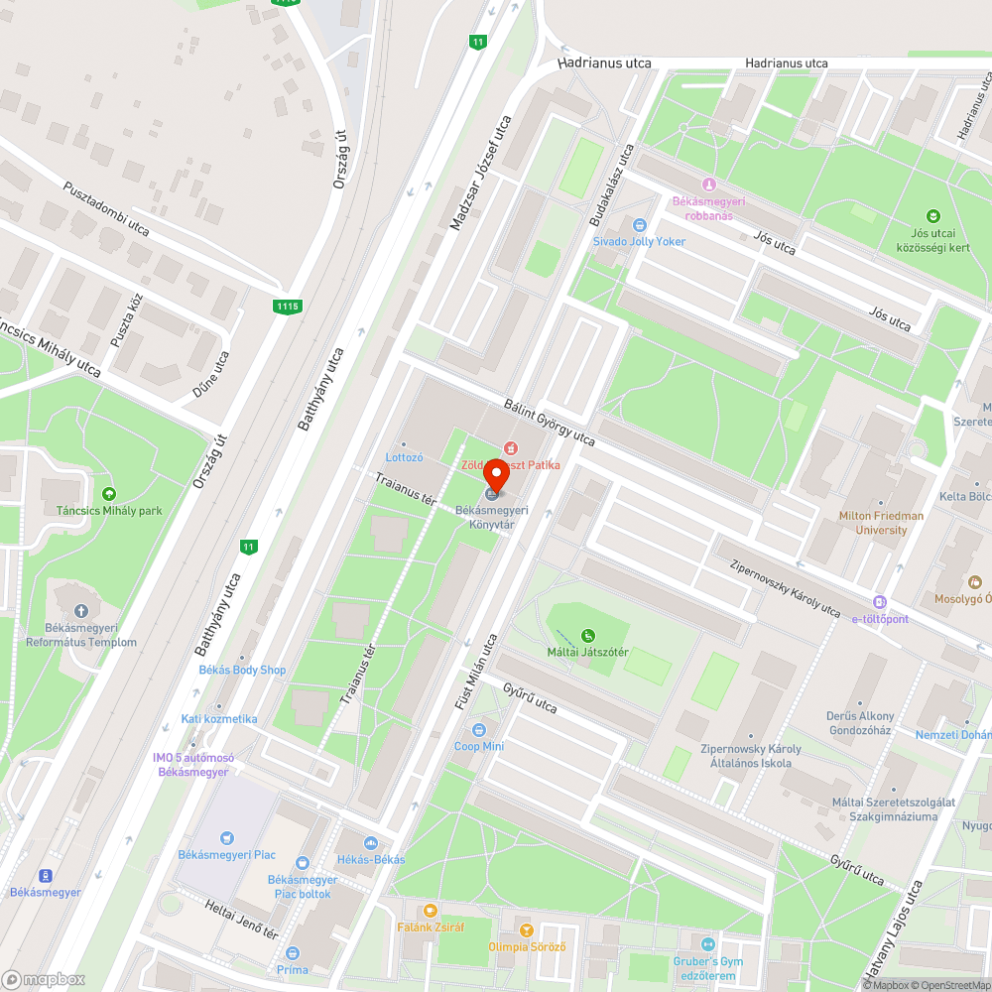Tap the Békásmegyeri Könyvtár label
tap(491, 516)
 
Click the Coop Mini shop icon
tap(479, 730)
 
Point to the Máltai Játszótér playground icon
tap(588, 635)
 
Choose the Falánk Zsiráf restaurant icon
tap(430, 910)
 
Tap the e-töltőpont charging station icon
tap(879, 602)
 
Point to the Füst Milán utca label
tap(475, 672)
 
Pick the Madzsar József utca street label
tap(481, 173)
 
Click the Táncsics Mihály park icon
tap(109, 494)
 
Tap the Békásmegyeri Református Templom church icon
tap(81, 611)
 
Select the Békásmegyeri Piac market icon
tap(227, 837)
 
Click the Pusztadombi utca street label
tap(106, 208)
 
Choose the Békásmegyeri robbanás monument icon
tap(708, 185)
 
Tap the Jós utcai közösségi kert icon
tap(932, 215)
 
